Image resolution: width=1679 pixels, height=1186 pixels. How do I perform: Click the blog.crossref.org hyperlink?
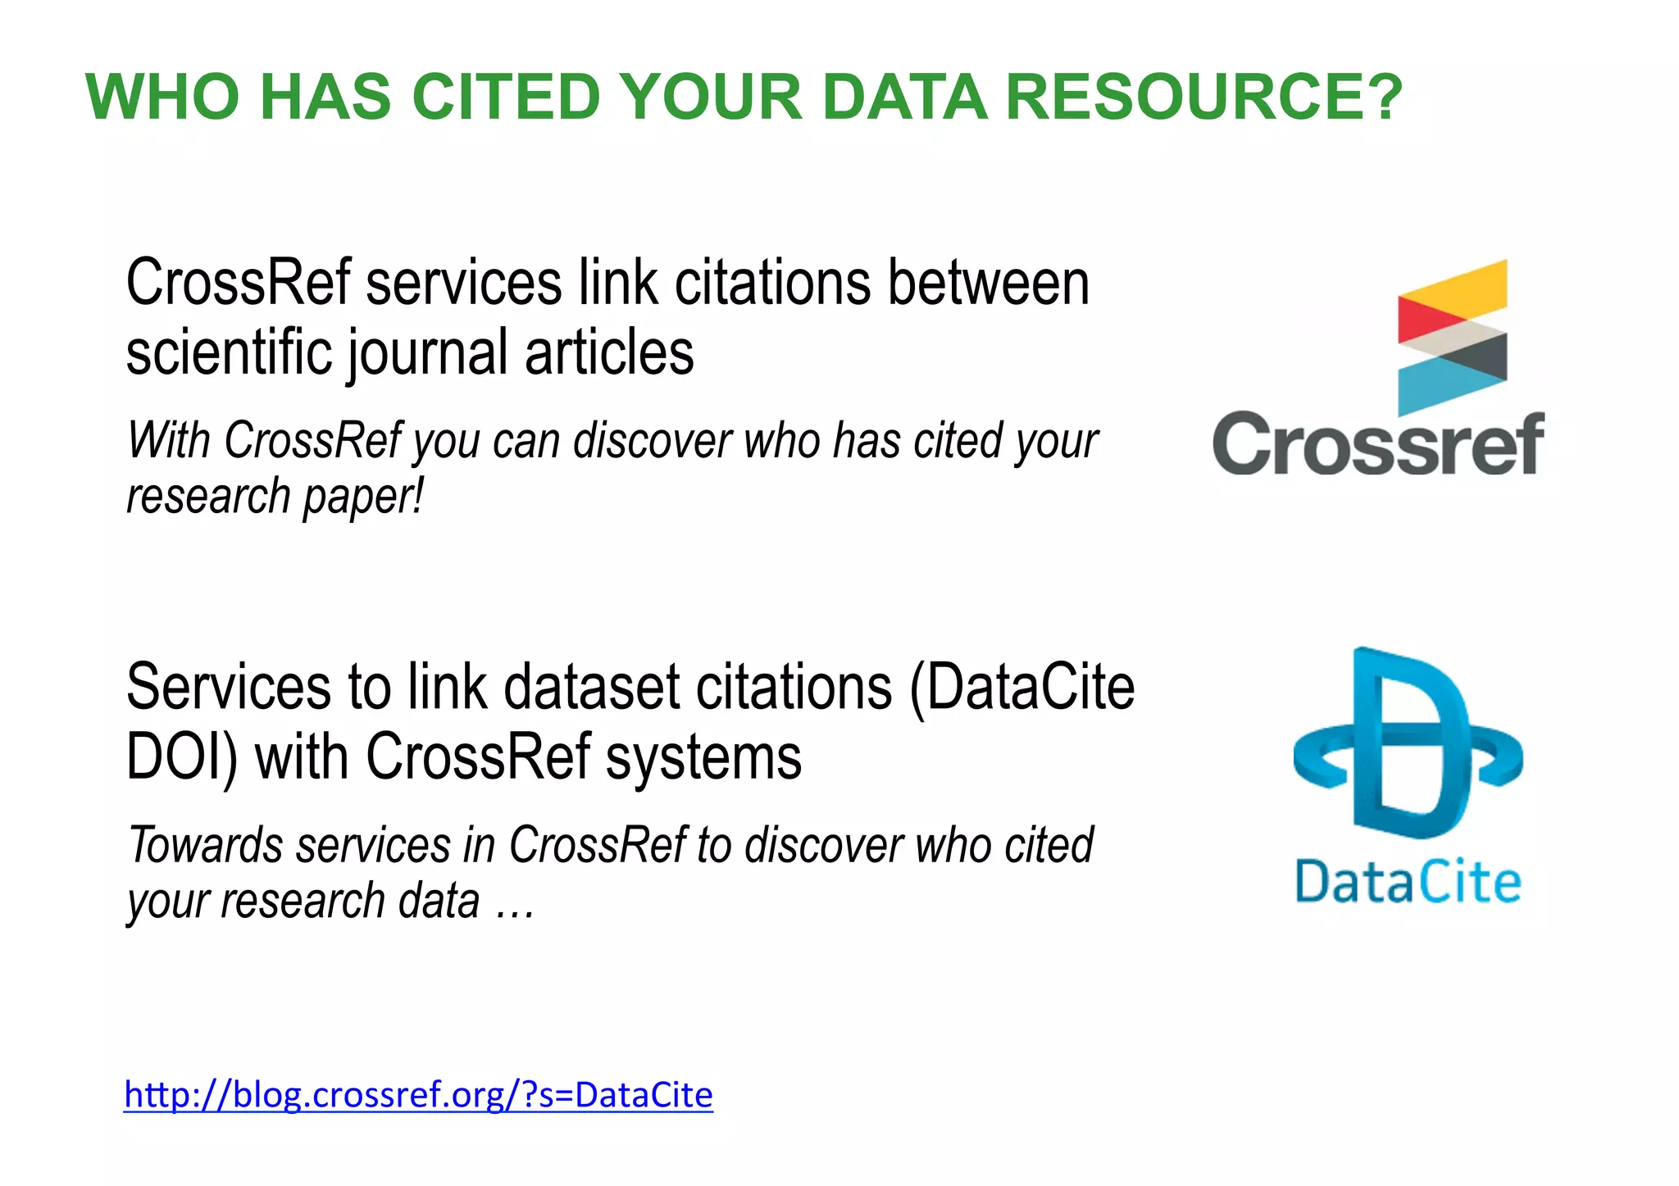tap(418, 1095)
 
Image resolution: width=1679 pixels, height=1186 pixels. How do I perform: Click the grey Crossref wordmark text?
tap(1377, 444)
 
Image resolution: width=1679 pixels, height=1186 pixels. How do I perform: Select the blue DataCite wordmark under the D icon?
tap(1408, 883)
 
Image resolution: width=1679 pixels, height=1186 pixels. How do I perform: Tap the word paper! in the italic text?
tap(362, 497)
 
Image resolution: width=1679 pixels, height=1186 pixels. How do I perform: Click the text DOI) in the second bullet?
tap(181, 757)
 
